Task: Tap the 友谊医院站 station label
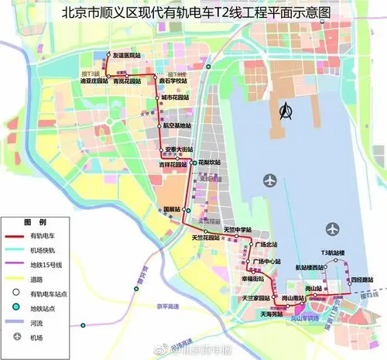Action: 127,56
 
